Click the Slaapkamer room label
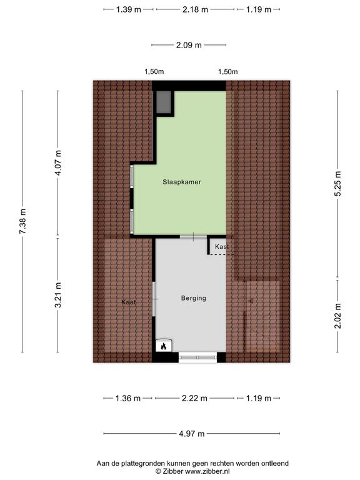click(182, 182)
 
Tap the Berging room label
click(194, 298)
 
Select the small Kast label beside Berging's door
click(222, 246)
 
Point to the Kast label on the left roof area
click(129, 302)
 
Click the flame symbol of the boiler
click(164, 346)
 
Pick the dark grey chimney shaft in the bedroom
click(164, 102)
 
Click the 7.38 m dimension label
click(22, 221)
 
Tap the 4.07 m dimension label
click(58, 162)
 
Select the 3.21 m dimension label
click(58, 295)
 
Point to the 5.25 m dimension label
click(337, 184)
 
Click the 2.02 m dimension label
click(337, 316)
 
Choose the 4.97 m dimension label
click(192, 434)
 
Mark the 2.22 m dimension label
click(195, 398)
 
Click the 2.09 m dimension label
click(189, 45)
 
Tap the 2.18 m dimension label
click(195, 9)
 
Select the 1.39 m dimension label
click(129, 9)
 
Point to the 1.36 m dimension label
click(128, 398)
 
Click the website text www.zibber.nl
click(207, 471)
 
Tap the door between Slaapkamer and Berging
click(193, 237)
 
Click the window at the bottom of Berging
click(197, 357)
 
